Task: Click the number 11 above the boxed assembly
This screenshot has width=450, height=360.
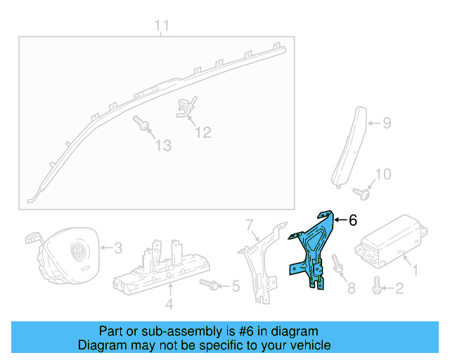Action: point(162,27)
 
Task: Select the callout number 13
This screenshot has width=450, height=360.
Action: point(163,146)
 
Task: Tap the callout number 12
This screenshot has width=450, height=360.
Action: point(202,131)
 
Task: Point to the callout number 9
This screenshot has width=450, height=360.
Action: point(386,124)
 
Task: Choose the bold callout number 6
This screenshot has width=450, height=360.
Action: point(353,220)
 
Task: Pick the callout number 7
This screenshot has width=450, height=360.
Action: point(247,224)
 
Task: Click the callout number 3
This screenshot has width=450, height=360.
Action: point(118,247)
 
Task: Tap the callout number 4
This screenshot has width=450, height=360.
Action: point(169,304)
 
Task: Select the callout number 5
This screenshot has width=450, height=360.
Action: point(236,286)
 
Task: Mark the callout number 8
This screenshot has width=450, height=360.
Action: point(352,287)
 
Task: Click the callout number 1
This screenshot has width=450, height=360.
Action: point(414,269)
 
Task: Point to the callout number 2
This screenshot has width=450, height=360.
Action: point(399,287)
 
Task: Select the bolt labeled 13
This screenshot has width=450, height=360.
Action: point(143,125)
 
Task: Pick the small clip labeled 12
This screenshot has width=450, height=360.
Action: point(185,109)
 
